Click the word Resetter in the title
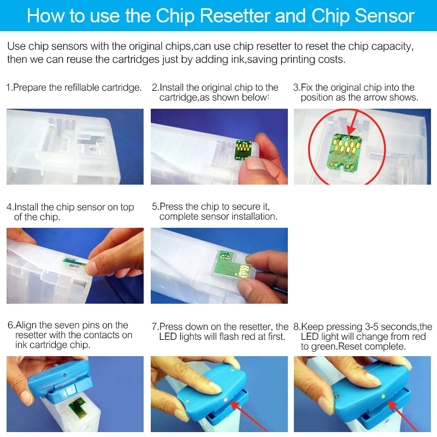[x=235, y=16]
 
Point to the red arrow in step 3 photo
[x=355, y=122]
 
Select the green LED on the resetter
[x=383, y=396]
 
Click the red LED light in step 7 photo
[x=226, y=400]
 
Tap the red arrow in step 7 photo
[x=248, y=417]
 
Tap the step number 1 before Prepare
[x=8, y=87]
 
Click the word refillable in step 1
[x=81, y=87]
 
